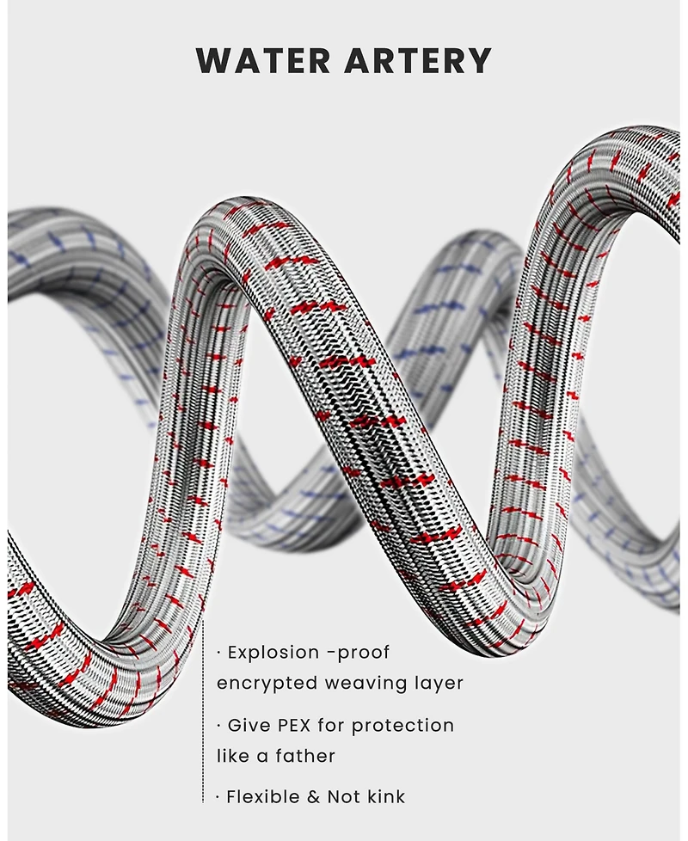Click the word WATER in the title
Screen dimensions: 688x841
tap(263, 60)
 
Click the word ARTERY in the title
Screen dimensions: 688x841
tap(418, 60)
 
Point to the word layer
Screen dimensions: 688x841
tap(438, 684)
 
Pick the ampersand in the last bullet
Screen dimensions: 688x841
tap(314, 797)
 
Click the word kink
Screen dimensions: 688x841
tap(386, 797)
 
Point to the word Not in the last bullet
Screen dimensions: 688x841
tap(344, 797)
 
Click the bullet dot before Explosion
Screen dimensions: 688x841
tap(218, 654)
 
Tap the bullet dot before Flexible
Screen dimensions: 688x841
tap(218, 797)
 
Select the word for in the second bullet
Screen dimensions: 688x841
tap(331, 726)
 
